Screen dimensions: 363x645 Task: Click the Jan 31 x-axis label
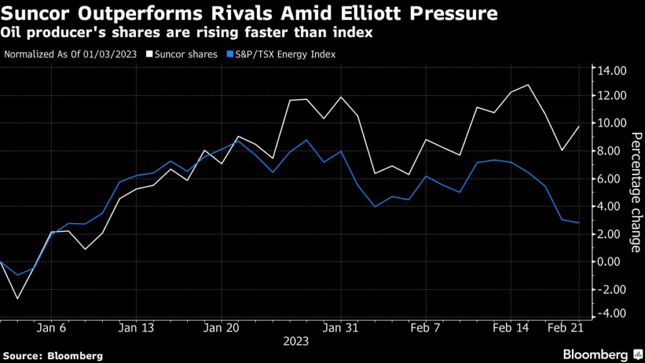coord(341,328)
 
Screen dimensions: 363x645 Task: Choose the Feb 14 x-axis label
coord(510,328)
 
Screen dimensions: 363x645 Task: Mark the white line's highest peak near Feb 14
coord(528,84)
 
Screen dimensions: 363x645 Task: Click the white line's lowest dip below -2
coord(17,298)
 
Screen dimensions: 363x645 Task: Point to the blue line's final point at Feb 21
coord(579,223)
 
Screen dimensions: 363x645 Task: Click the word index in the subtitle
coord(355,33)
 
